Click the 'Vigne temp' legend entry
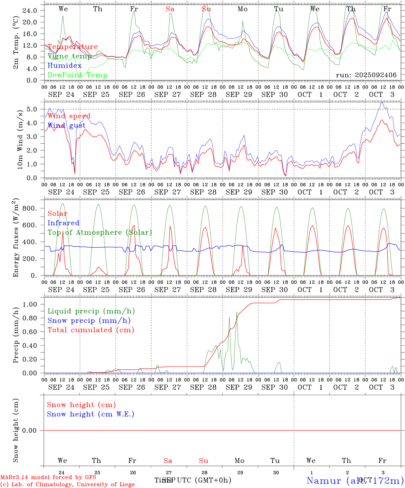pyautogui.click(x=70, y=56)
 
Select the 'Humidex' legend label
pyautogui.click(x=64, y=66)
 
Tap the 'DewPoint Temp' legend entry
pyautogui.click(x=77, y=75)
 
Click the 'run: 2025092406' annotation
pyautogui.click(x=366, y=75)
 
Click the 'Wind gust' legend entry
pyautogui.click(x=66, y=126)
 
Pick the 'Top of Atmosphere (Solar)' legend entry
pyautogui.click(x=99, y=232)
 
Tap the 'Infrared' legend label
pyautogui.click(x=63, y=223)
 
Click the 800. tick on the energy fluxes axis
pyautogui.click(x=29, y=208)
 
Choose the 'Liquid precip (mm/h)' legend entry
pyautogui.click(x=91, y=311)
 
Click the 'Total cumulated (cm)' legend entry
pyautogui.click(x=91, y=330)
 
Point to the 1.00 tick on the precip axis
pyautogui.click(x=30, y=304)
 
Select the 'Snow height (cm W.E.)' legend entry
pyautogui.click(x=90, y=414)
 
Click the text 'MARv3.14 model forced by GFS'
pyautogui.click(x=48, y=477)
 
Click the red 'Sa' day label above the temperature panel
pyautogui.click(x=170, y=9)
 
